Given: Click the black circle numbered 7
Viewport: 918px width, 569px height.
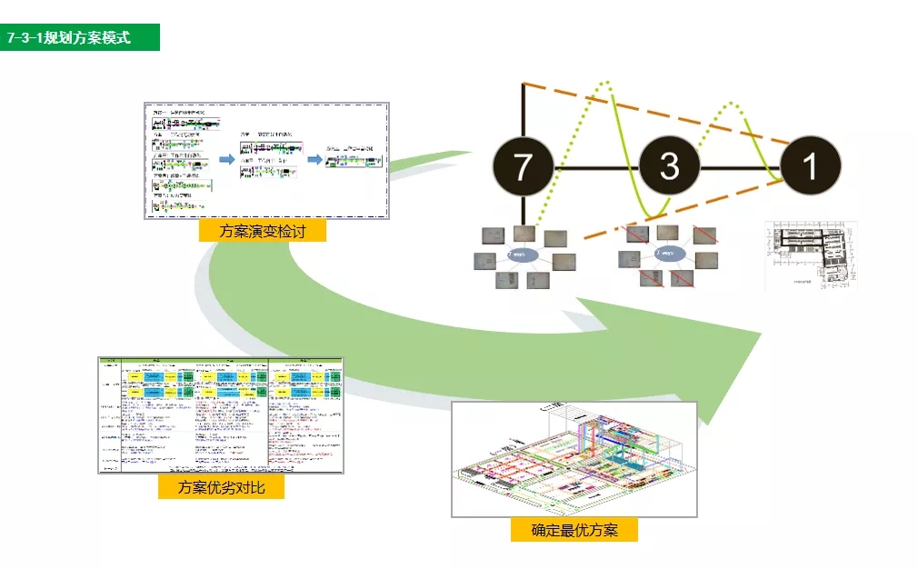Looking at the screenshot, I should click(523, 166).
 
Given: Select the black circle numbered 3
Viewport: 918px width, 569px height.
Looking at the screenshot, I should click(670, 166).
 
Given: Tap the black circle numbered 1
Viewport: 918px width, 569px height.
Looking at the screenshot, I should click(810, 166).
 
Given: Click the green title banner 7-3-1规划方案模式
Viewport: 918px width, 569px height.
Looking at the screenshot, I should click(80, 37).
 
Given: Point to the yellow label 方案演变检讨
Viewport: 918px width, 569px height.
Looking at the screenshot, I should click(262, 231).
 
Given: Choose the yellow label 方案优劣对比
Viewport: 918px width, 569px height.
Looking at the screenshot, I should click(221, 487).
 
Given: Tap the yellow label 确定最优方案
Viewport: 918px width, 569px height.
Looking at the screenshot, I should click(574, 530).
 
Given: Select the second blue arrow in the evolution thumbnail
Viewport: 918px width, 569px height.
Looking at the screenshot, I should click(314, 159).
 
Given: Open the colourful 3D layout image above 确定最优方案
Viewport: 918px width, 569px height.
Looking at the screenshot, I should click(574, 459).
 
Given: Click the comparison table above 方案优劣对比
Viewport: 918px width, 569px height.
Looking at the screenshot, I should click(220, 414).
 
